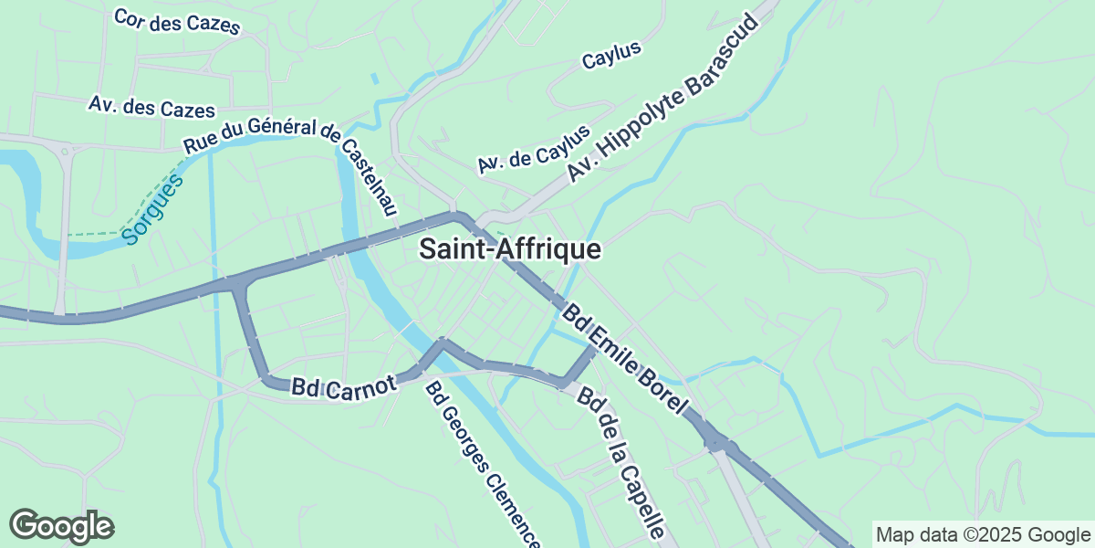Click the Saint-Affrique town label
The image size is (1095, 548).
(510, 249)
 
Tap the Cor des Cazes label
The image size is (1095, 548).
(177, 21)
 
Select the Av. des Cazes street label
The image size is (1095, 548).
(151, 106)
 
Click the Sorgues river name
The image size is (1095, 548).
(153, 208)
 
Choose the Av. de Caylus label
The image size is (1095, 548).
(534, 149)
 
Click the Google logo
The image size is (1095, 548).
(61, 526)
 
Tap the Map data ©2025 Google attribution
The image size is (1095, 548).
(982, 534)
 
